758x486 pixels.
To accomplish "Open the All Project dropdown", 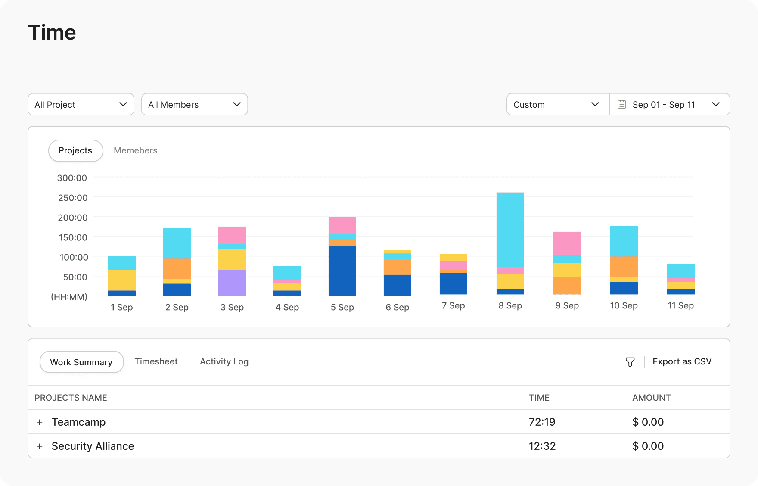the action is (81, 104).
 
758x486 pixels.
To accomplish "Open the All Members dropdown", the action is (195, 104).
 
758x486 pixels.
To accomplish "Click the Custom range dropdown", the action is (558, 104).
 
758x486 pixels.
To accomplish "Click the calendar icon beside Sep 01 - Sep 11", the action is (622, 104).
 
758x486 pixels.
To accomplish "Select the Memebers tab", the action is (136, 150).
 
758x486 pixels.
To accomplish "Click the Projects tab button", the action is (75, 150).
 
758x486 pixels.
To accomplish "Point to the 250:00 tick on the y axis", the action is (73, 198).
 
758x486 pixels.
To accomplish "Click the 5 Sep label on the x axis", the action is (342, 307).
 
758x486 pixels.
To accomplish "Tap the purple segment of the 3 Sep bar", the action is (232, 283).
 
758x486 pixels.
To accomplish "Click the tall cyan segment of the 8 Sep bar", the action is (510, 230).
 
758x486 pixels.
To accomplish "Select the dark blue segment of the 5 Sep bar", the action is (342, 271).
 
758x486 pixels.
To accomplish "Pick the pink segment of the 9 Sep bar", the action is (567, 243).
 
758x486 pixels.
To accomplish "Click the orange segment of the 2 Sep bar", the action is (177, 268).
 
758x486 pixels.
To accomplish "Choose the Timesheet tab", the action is (156, 361).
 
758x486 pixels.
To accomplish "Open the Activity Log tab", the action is (224, 361).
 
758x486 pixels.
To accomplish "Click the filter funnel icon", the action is (630, 362).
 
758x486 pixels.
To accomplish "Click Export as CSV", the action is (682, 361).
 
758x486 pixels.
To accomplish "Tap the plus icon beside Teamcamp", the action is (40, 422).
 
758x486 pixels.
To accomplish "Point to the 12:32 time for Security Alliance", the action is (542, 446).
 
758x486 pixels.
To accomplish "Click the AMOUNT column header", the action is (651, 398).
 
